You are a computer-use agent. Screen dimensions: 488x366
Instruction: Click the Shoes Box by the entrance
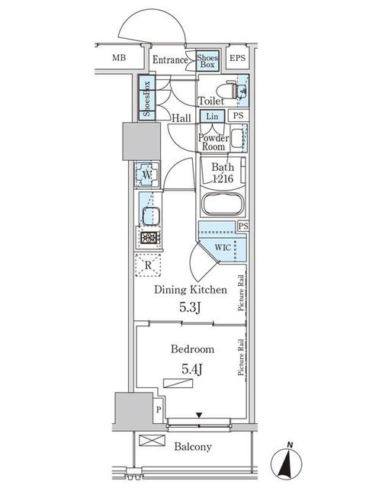coord(207,61)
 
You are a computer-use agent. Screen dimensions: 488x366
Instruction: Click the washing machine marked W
coord(146,175)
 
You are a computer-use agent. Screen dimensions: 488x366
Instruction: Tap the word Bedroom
coord(192,348)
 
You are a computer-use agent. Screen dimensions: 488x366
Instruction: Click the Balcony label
coord(192,447)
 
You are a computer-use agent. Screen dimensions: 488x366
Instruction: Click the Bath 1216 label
coord(222,172)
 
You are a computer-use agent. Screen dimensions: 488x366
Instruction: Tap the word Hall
coord(181,118)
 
